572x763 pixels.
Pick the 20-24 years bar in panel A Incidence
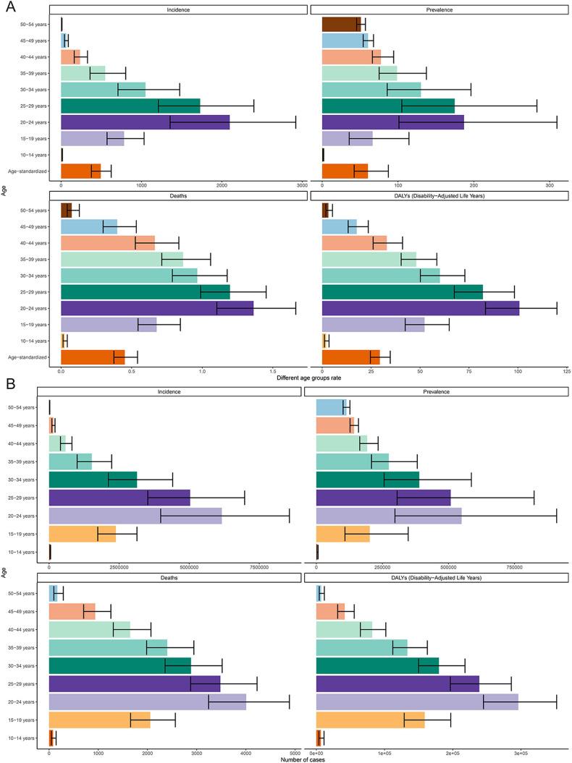(145, 122)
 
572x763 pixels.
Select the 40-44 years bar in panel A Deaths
(108, 242)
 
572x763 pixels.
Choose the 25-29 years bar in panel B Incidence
(119, 498)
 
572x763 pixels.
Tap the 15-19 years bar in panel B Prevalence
(343, 534)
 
